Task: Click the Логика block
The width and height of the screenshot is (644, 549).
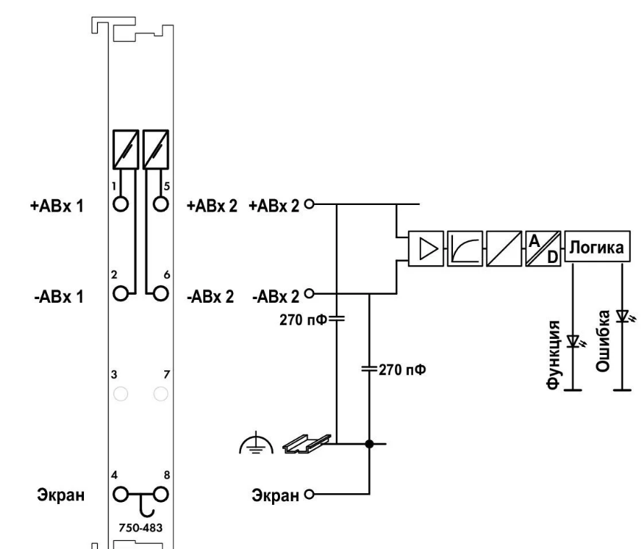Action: click(x=597, y=246)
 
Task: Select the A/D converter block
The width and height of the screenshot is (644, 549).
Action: click(x=543, y=248)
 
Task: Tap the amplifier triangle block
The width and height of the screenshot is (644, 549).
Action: click(x=426, y=248)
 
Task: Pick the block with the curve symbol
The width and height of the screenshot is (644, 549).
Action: click(x=465, y=248)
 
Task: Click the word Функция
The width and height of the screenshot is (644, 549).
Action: click(x=554, y=354)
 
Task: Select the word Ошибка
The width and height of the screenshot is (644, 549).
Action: click(x=603, y=341)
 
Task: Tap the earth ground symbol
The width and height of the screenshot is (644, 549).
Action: click(x=256, y=443)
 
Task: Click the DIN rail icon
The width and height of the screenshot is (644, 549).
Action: click(x=306, y=444)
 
